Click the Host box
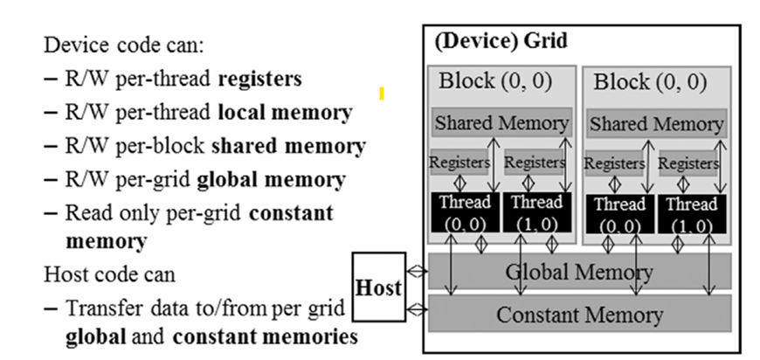pos(378,287)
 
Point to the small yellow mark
pos(382,92)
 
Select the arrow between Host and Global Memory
pos(418,272)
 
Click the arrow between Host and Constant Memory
pos(418,308)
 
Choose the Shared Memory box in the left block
pos(501,122)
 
